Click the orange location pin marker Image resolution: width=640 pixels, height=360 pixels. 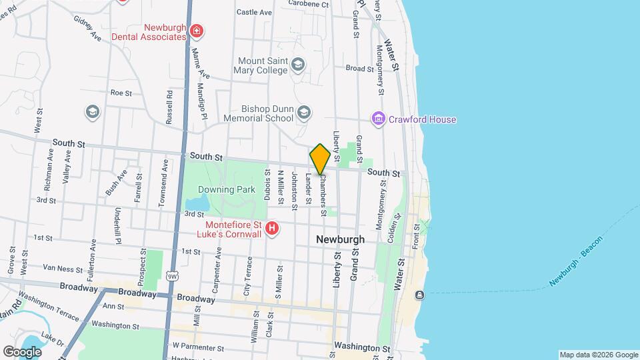coord(321,159)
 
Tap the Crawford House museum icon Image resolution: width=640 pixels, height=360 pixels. coord(379,119)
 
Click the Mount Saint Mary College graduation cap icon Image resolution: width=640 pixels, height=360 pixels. coord(298,65)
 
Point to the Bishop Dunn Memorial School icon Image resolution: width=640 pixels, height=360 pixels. coord(304,113)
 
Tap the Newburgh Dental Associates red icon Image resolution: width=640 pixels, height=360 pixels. coord(196,31)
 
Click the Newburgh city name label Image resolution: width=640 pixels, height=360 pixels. coord(340,239)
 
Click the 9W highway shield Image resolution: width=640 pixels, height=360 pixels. coord(172,275)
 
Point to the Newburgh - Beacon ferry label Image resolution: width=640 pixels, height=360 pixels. coord(577,262)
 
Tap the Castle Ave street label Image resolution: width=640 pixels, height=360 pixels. coord(254,12)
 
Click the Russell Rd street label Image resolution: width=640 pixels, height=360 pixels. coord(170,104)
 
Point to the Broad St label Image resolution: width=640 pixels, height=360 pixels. coord(359,68)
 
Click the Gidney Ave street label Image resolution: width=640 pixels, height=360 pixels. coord(87,29)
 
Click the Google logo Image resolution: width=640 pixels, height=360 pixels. coord(22,351)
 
